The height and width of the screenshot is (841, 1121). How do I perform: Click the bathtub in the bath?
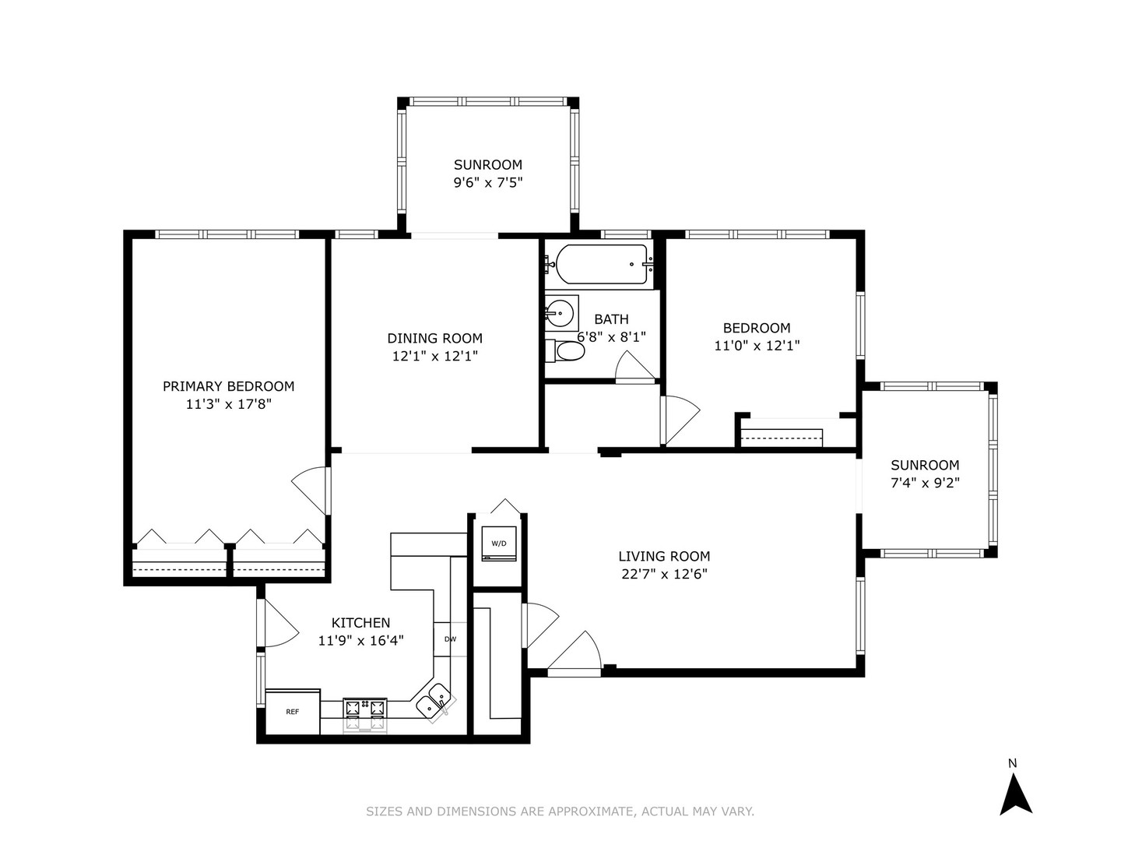(602, 265)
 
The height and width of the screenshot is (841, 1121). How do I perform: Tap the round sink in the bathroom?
(560, 310)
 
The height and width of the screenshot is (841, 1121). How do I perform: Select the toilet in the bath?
(565, 350)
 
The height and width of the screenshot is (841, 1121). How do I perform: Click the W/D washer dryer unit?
(499, 544)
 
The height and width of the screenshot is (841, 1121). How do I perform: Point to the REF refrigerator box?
(293, 712)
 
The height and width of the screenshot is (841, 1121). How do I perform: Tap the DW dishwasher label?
(450, 639)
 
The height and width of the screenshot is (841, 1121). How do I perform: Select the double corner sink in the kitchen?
(434, 702)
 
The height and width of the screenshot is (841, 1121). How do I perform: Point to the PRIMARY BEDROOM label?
(228, 386)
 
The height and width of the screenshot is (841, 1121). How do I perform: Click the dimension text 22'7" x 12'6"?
(664, 574)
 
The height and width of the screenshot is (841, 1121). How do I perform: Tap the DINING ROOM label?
(434, 338)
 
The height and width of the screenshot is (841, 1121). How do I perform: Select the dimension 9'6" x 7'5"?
(488, 182)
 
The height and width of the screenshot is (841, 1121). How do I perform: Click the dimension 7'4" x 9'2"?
(925, 483)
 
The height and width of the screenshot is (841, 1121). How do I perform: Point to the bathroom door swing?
(634, 366)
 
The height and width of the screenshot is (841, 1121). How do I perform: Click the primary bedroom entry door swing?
(311, 491)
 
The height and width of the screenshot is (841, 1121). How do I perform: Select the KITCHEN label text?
(360, 622)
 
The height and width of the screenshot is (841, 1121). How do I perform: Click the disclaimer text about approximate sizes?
(560, 811)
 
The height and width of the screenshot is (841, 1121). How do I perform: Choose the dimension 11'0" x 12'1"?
(757, 346)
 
